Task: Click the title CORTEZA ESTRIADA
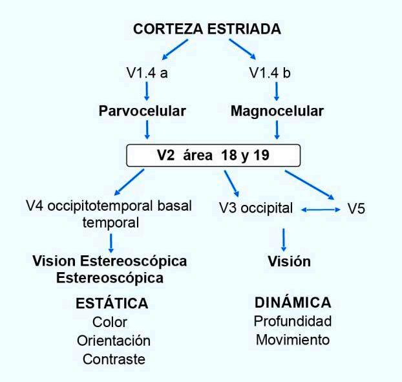tap(207, 29)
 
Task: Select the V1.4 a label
tap(147, 72)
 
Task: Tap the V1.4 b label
tap(270, 72)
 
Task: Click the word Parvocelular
tap(142, 111)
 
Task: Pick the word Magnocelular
tap(277, 111)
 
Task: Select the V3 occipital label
tap(256, 210)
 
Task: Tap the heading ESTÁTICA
tap(111, 303)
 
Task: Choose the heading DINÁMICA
tap(293, 302)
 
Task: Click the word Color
tap(111, 322)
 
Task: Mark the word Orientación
tap(113, 340)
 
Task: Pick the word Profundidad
tap(292, 321)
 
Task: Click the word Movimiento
tap(292, 339)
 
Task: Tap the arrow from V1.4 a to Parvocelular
tap(148, 91)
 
